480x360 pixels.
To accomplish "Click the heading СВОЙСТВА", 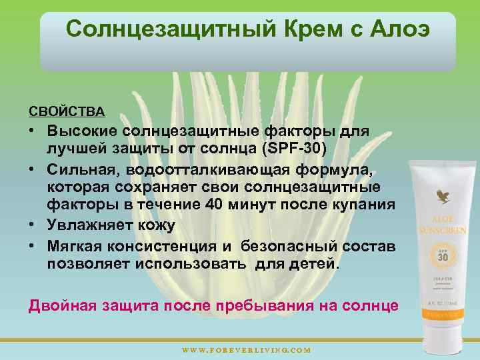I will click(x=66, y=109).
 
